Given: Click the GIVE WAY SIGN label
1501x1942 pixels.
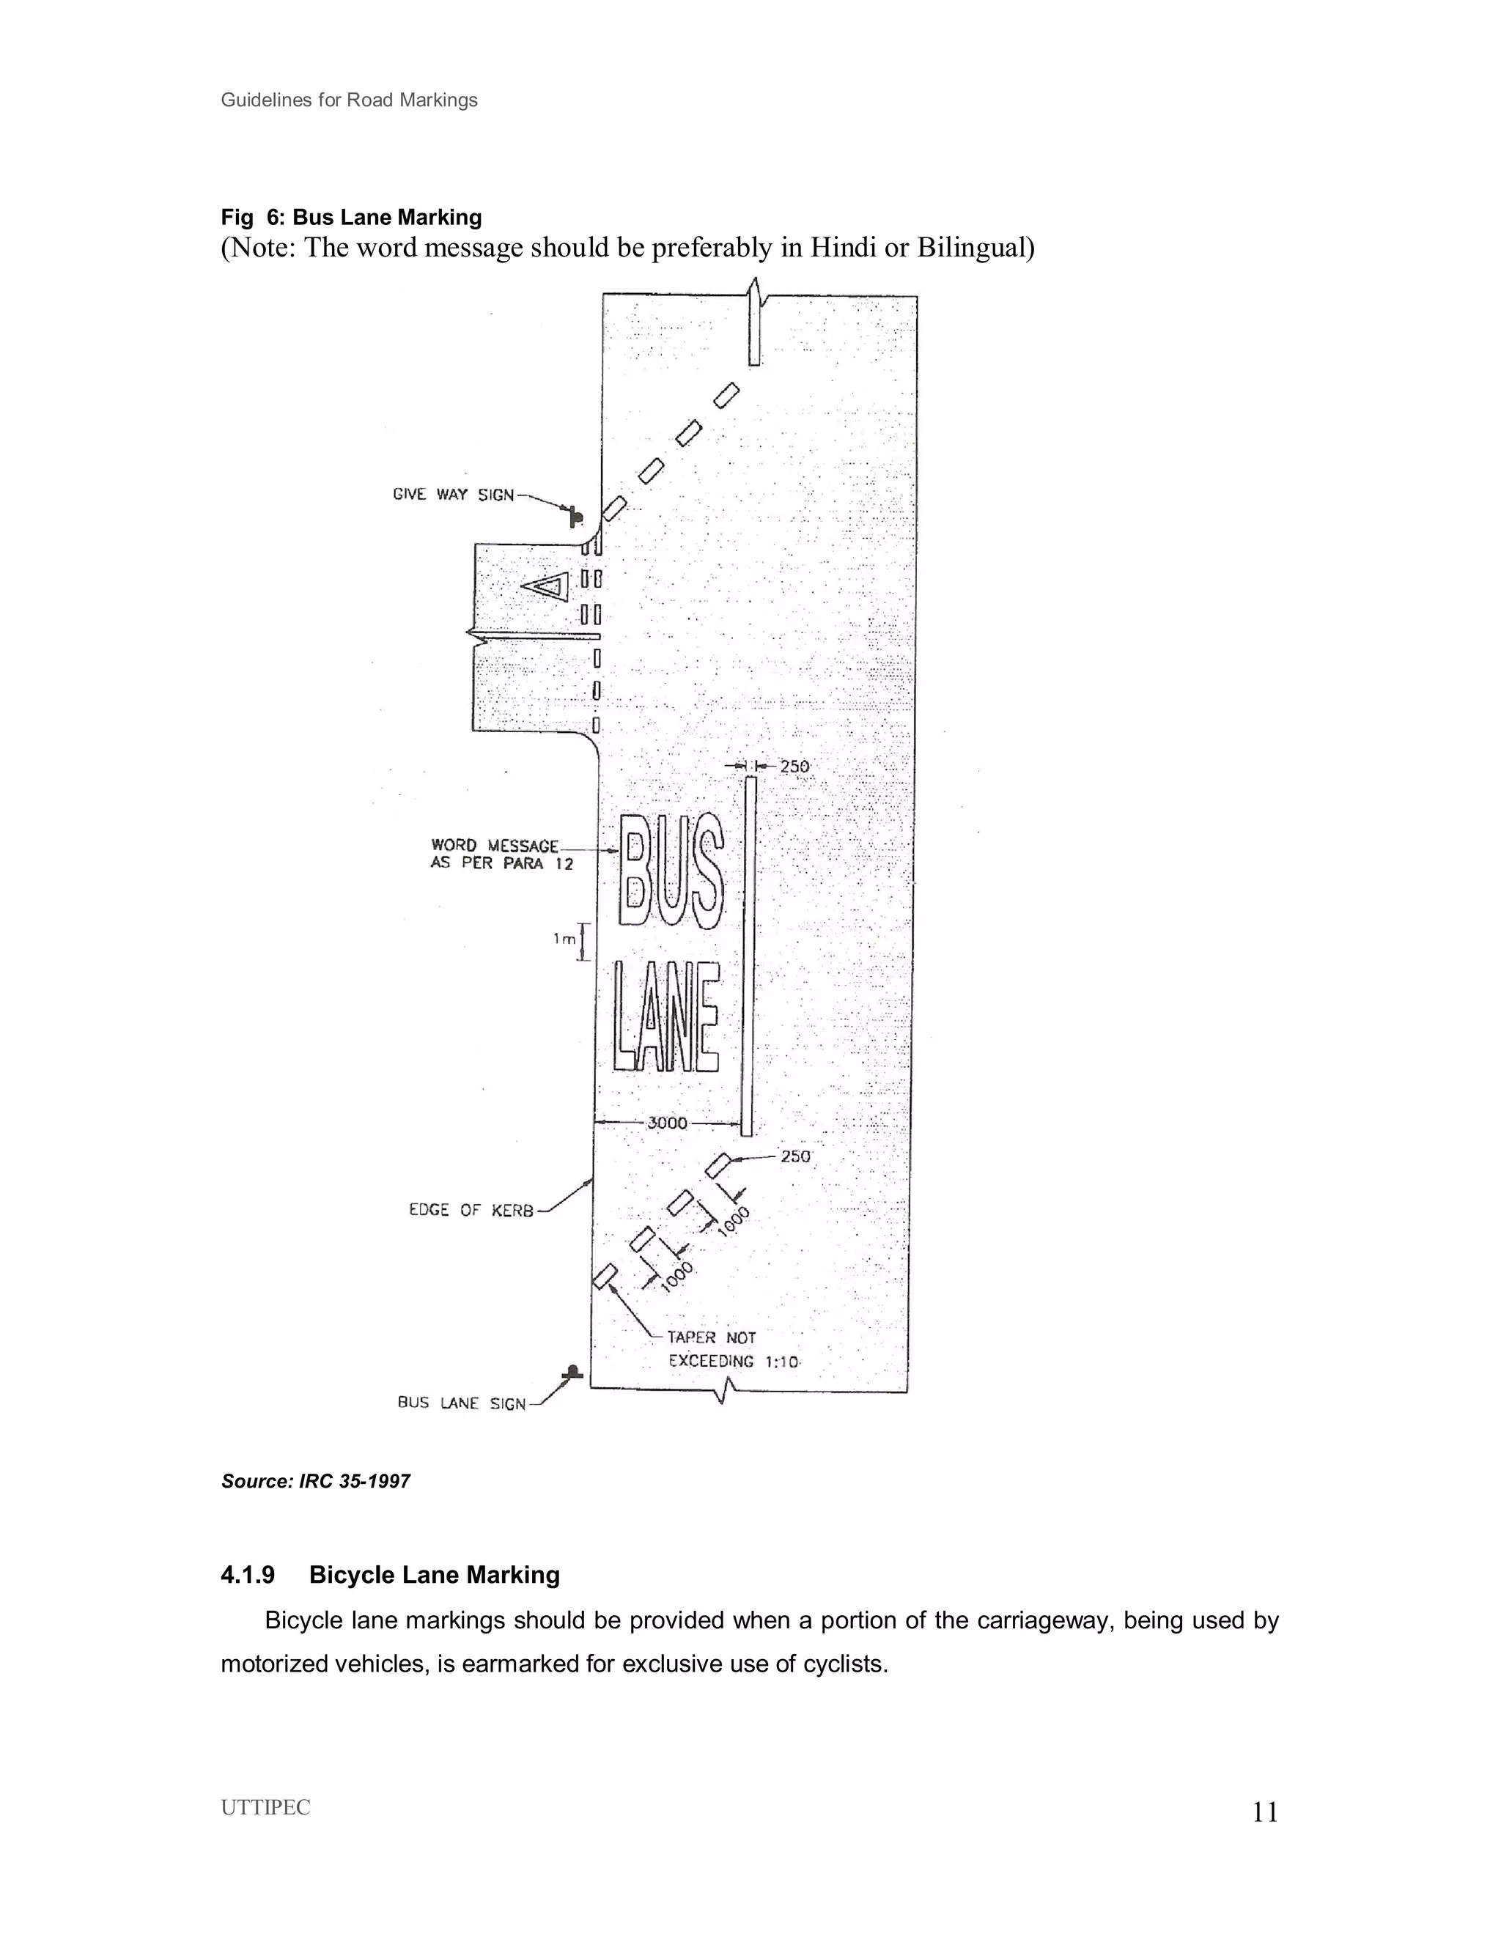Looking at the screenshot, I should point(453,495).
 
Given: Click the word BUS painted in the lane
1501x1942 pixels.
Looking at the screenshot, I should point(672,871).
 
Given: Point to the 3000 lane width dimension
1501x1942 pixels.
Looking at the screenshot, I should point(667,1123).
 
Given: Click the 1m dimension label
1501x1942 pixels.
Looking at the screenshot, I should point(564,939).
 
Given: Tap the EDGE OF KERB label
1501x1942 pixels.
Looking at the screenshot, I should point(471,1210).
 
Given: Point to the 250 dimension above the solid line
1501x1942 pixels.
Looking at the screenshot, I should point(794,767).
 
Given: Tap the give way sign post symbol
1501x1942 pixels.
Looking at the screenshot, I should point(575,516).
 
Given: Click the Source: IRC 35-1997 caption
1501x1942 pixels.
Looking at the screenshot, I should point(316,1481).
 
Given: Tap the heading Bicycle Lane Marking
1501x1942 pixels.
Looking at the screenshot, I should point(434,1575).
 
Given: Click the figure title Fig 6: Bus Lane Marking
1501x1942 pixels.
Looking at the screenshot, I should point(351,217).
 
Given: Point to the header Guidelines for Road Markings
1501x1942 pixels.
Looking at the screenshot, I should point(349,100).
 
